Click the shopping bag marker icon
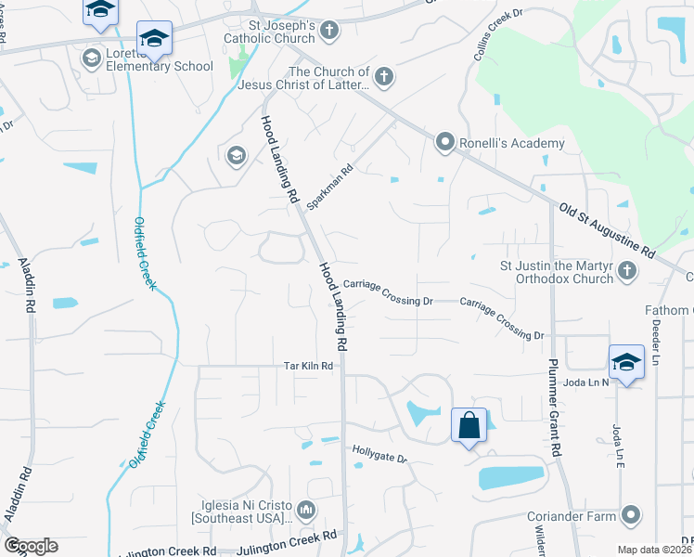coord(469,426)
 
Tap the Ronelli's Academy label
coord(513,143)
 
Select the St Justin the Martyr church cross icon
coord(627,272)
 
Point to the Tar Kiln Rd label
coord(308,367)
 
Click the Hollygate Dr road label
coord(380,457)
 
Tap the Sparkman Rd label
coord(337,185)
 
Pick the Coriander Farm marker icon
coord(632,514)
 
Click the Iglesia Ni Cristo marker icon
coord(307,509)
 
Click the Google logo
coord(30,546)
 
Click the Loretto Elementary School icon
coord(92,59)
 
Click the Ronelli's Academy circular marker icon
coord(446,143)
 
